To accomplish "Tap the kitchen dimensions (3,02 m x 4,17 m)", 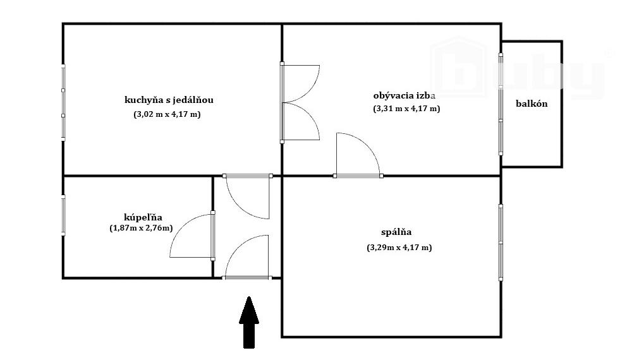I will pos(166,115).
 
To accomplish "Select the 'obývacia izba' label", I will pos(405,96).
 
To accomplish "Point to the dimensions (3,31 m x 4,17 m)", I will pos(406,109).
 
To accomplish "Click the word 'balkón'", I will pos(531,104).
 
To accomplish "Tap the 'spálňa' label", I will pos(397,232).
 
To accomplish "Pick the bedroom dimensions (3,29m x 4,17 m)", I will pos(399,248).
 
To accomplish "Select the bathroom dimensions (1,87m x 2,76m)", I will pos(140,227).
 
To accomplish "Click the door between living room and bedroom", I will pos(358,154).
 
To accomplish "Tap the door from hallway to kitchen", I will pos(248,197).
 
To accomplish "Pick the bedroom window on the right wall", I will pos(500,242).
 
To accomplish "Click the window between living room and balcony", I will pos(501,104).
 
